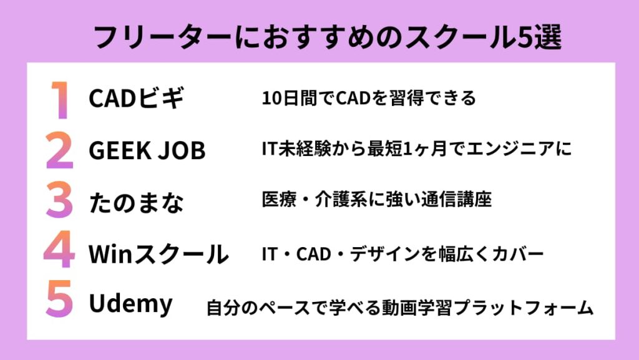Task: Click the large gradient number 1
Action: (x=59, y=99)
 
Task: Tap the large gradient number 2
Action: (x=59, y=150)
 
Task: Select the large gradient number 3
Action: (x=59, y=201)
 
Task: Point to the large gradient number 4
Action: (x=59, y=253)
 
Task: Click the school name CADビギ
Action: (x=137, y=99)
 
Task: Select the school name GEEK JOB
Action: (x=147, y=150)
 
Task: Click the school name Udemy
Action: (x=130, y=304)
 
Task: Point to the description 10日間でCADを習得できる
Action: (x=369, y=98)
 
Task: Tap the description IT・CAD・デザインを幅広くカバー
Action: (x=402, y=253)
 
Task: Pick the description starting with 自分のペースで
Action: (x=399, y=308)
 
